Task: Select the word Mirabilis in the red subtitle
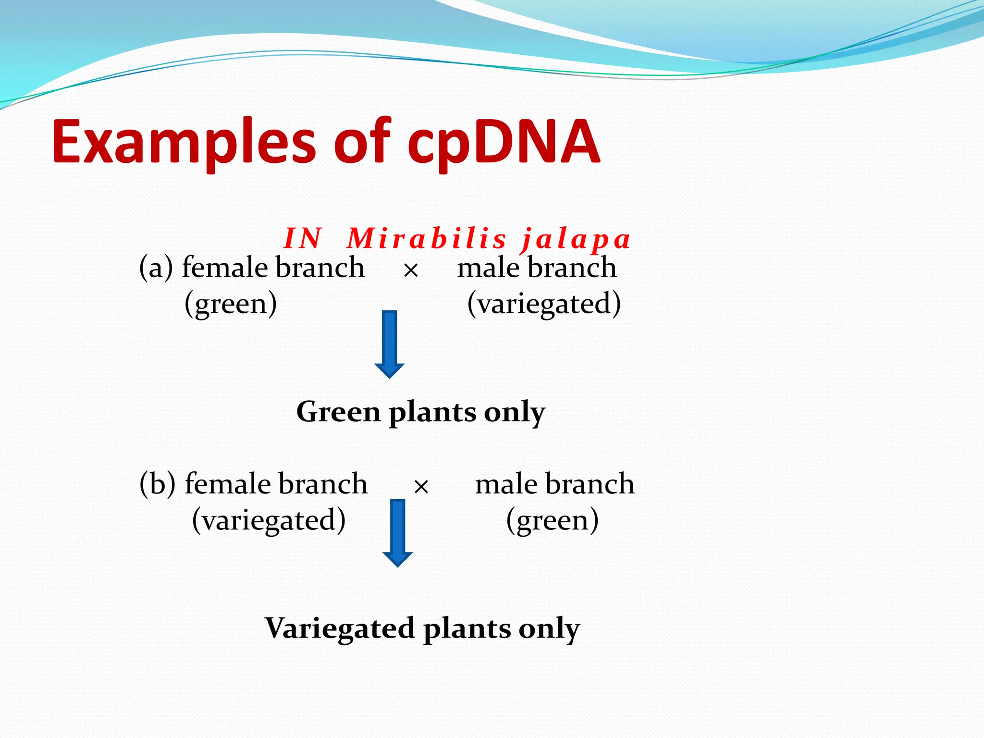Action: coord(427,238)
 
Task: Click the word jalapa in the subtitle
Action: coord(576,239)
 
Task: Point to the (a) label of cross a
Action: coord(156,268)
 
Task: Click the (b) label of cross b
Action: coord(157,484)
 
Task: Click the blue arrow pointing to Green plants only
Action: coord(389,344)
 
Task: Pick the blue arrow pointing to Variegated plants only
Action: coord(397,532)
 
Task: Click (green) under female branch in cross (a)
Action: coord(231,304)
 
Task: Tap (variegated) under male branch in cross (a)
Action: coord(544,304)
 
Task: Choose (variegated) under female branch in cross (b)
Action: coord(269,520)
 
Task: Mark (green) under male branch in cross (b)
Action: coord(553,520)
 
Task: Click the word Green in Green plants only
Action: coord(338,412)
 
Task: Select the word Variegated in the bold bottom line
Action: coord(340,628)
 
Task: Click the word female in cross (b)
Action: coord(226,483)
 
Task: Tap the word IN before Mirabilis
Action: coord(302,238)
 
